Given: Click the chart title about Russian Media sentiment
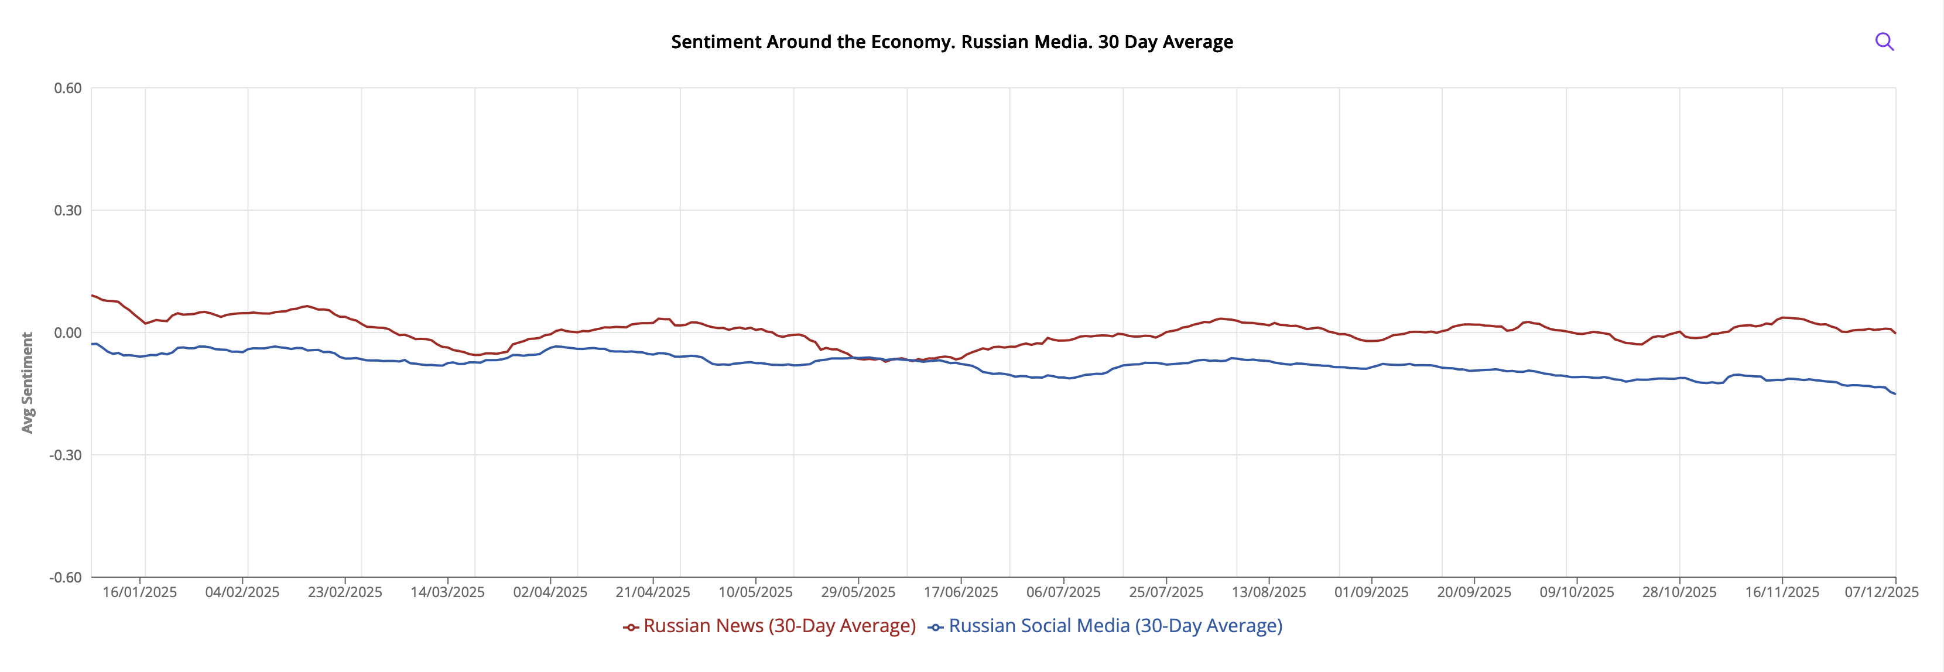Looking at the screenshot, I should pyautogui.click(x=952, y=42).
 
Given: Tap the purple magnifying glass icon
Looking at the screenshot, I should pyautogui.click(x=1884, y=42).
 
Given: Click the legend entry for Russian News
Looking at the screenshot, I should pyautogui.click(x=770, y=626).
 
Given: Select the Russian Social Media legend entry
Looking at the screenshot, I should pyautogui.click(x=1106, y=626).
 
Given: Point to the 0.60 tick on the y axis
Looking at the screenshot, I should pyautogui.click(x=68, y=88).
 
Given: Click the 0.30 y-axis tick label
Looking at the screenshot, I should pyautogui.click(x=68, y=210).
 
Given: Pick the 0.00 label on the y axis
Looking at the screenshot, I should pyautogui.click(x=68, y=332).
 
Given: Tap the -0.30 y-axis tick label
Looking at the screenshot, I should pyautogui.click(x=66, y=455).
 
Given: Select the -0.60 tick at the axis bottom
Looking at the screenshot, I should pyautogui.click(x=66, y=578).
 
